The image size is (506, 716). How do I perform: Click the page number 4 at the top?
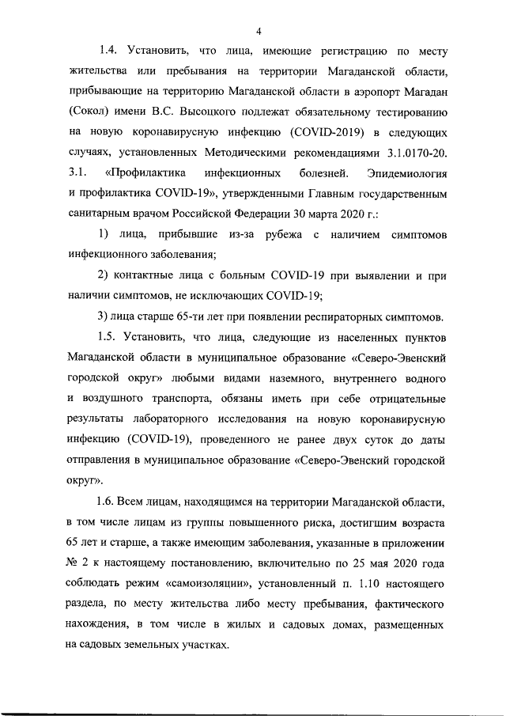coord(259,31)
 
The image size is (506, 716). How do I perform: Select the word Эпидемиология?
coord(408,171)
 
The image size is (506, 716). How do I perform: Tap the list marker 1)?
coord(104,235)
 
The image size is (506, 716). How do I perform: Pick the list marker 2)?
coord(104,276)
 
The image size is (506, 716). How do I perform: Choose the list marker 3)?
coord(104,317)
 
